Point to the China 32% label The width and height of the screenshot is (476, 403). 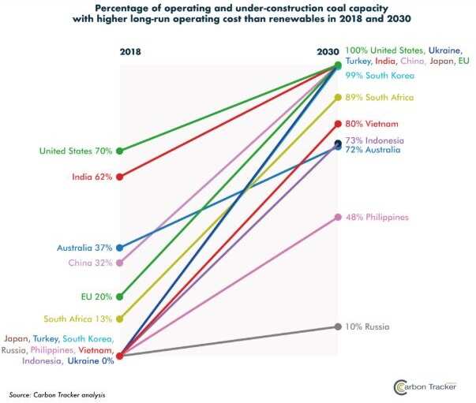(x=92, y=263)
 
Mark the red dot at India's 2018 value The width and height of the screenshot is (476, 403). (x=119, y=177)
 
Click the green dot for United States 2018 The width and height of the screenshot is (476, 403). (x=119, y=150)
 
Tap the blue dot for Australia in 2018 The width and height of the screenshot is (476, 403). (x=119, y=248)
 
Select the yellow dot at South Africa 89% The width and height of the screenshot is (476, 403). (x=339, y=97)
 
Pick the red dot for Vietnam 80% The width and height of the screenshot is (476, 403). (x=339, y=124)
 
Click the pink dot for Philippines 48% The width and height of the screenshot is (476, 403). (x=339, y=217)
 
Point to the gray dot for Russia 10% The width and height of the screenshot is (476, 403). (x=339, y=327)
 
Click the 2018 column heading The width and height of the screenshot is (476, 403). (x=130, y=52)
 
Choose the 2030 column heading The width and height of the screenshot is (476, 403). (x=328, y=52)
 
